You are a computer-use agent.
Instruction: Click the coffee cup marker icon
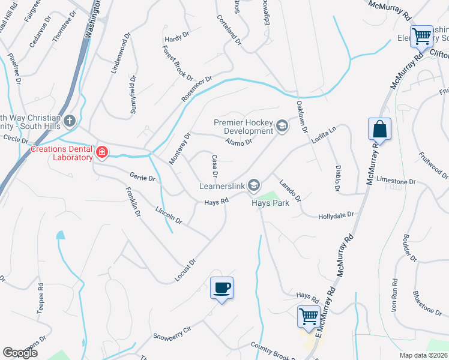pyautogui.click(x=221, y=288)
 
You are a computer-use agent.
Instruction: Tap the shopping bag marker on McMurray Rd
pyautogui.click(x=379, y=128)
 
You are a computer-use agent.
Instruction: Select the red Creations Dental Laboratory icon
pyautogui.click(x=101, y=153)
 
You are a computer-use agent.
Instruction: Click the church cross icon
pyautogui.click(x=69, y=122)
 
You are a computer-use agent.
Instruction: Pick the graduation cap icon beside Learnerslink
pyautogui.click(x=254, y=185)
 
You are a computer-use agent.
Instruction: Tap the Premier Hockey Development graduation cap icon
pyautogui.click(x=282, y=126)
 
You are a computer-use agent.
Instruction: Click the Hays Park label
pyautogui.click(x=270, y=203)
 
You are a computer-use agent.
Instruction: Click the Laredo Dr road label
pyautogui.click(x=289, y=188)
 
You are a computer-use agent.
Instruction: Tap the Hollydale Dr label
pyautogui.click(x=336, y=214)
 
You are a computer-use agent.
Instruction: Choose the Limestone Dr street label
pyautogui.click(x=396, y=181)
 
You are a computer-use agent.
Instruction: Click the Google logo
pyautogui.click(x=20, y=353)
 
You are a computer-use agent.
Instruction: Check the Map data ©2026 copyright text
pyautogui.click(x=423, y=355)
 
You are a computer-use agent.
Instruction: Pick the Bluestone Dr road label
pyautogui.click(x=427, y=302)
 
